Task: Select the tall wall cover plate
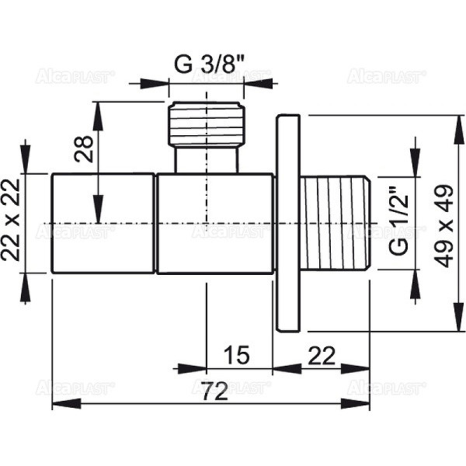click(287, 223)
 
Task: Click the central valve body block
click(214, 223)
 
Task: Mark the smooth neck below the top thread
click(205, 160)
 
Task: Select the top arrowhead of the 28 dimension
click(96, 109)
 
